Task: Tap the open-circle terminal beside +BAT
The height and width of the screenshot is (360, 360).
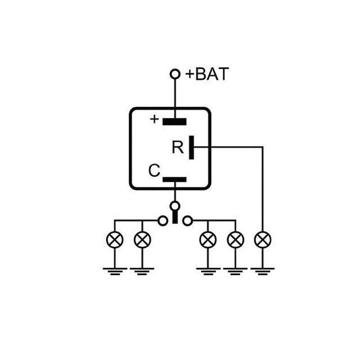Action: point(175,74)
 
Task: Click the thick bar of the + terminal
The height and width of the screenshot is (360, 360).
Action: point(175,121)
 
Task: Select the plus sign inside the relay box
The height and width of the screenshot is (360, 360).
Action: point(154,119)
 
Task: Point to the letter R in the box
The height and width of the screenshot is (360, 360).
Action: point(178,148)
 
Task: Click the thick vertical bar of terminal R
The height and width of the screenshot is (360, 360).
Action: point(192,147)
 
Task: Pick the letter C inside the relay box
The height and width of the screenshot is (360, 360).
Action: point(154,171)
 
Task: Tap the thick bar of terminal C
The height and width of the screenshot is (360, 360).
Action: point(175,180)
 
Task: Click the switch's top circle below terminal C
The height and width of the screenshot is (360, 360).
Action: point(175,207)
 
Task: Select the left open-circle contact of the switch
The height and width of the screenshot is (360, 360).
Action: point(162,220)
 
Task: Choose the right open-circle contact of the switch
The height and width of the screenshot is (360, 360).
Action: point(188,220)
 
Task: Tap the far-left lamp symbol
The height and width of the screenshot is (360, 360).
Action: point(115,239)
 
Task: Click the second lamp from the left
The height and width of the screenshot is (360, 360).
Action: point(142,239)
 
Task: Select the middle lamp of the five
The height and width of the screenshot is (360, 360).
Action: point(207,239)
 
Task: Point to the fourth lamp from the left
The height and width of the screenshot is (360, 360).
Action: point(235,239)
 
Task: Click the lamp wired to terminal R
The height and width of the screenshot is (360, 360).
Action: point(262,239)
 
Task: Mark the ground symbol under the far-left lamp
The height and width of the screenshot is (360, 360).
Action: point(115,270)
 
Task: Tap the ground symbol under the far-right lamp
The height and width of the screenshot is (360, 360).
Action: point(262,270)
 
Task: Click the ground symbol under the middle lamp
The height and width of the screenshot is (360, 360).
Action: point(207,270)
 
